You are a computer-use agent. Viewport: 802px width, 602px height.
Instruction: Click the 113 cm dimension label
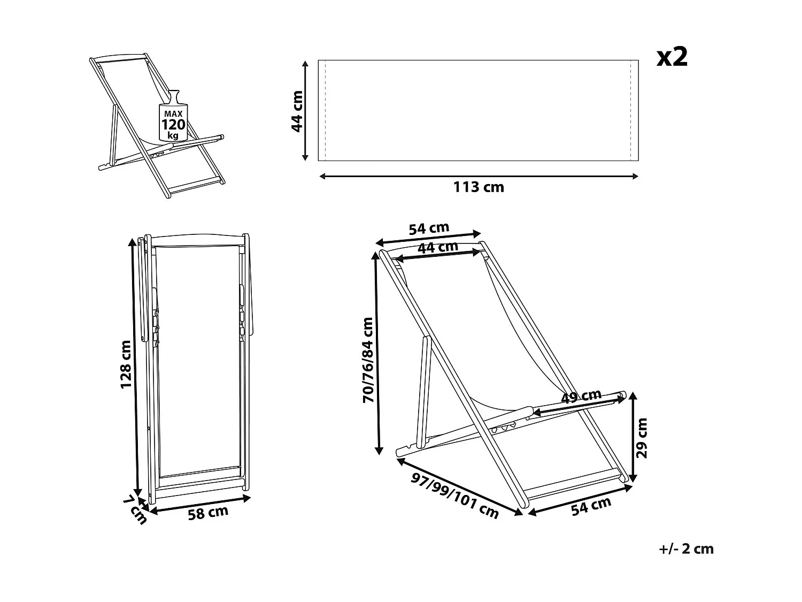click(479, 187)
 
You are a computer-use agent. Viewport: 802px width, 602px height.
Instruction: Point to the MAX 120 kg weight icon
click(173, 120)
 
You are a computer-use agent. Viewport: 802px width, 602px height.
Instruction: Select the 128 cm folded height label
click(126, 364)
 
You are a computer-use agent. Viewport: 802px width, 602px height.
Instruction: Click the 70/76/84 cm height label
click(368, 360)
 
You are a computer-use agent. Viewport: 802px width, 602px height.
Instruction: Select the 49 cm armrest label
click(582, 397)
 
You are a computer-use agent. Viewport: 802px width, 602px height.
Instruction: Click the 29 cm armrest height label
click(642, 438)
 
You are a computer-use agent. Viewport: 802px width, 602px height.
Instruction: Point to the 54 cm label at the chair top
click(429, 228)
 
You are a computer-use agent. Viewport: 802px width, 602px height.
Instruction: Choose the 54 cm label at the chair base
click(591, 506)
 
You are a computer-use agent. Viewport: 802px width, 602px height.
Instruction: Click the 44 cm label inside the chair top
click(437, 247)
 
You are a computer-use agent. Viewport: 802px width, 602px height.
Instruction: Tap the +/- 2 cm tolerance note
click(687, 548)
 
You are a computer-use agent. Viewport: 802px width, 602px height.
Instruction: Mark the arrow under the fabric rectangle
click(479, 176)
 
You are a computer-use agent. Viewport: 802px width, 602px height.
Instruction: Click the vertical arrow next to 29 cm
click(633, 437)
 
